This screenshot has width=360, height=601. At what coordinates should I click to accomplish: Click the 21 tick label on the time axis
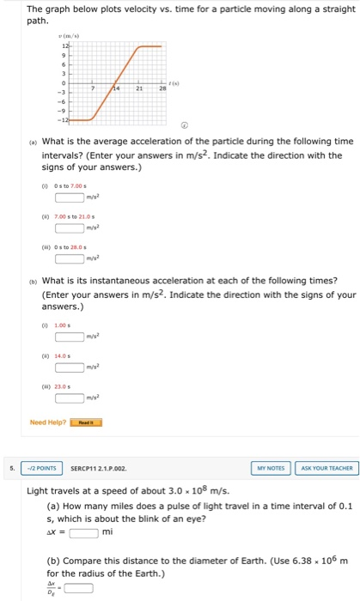138,88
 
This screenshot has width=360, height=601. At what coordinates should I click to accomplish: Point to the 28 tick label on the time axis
161,88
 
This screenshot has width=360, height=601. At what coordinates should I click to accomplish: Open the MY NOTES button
270,468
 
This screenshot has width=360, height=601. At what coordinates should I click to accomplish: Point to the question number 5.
9,468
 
